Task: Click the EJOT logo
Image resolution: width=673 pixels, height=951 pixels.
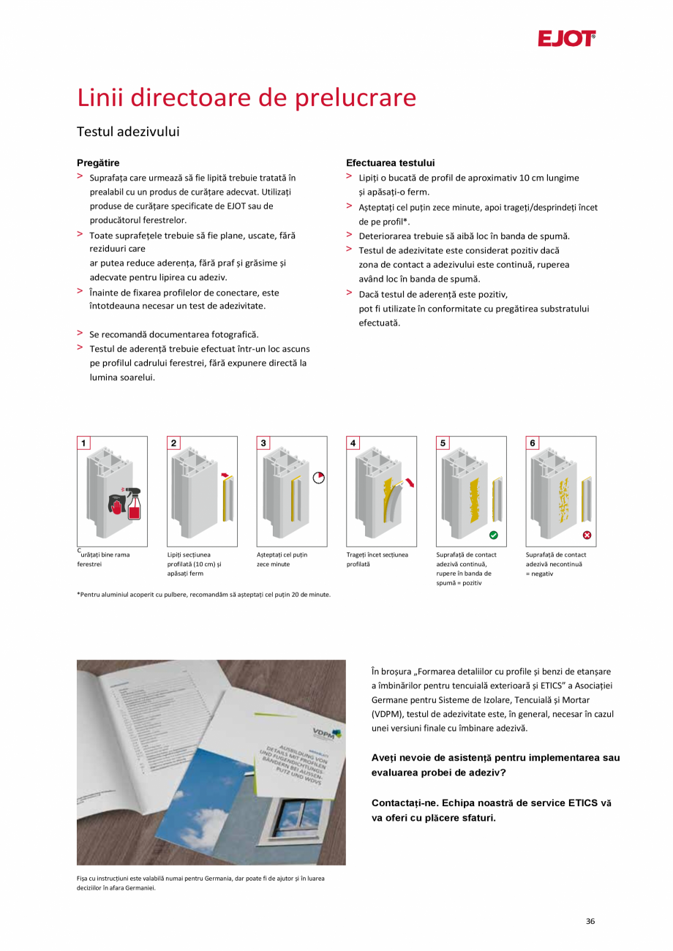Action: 566,39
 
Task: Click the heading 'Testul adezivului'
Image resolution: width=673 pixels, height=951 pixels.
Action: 128,132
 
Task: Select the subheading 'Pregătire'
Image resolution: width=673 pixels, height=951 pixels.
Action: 98,162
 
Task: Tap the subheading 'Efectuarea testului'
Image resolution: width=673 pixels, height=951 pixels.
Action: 390,162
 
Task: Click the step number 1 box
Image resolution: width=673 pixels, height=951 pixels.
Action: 84,443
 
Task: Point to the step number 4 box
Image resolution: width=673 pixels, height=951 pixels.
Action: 353,443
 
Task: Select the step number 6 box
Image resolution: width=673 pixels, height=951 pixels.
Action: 533,443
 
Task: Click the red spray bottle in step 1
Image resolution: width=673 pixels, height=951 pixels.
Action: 133,504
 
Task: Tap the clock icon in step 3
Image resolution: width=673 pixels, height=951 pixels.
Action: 317,478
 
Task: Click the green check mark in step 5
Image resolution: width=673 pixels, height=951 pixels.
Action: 494,535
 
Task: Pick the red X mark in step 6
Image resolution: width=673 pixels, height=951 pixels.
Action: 586,535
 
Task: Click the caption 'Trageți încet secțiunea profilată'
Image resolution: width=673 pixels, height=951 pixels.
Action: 377,560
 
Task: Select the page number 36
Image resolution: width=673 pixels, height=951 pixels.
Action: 590,921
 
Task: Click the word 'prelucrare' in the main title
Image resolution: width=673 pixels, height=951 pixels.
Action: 356,97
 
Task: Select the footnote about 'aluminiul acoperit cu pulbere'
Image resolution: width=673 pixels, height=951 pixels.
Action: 203,594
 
